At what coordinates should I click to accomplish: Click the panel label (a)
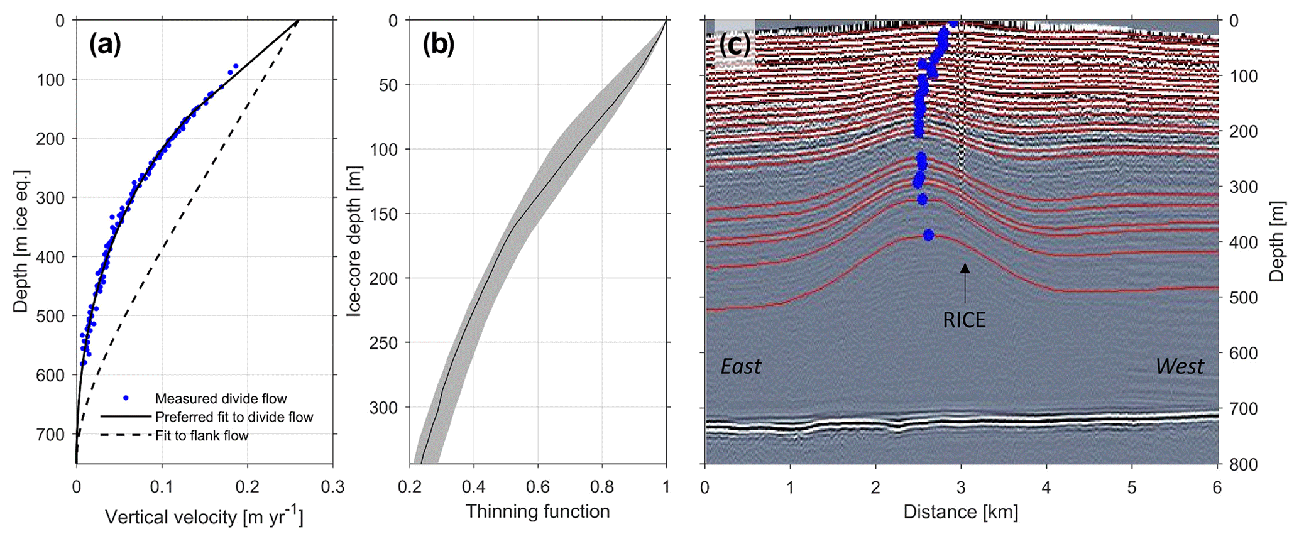tap(104, 45)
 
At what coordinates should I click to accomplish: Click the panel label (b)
tap(438, 45)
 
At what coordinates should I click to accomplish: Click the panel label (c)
tap(735, 45)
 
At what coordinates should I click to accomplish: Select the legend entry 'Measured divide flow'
tap(221, 398)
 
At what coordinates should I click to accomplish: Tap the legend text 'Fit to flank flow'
tap(202, 435)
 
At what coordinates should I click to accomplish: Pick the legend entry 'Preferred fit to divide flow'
tap(234, 417)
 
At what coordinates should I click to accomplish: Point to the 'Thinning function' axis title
tap(537, 511)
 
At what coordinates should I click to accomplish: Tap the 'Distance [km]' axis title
tap(961, 511)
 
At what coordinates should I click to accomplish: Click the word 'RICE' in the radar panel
tap(964, 320)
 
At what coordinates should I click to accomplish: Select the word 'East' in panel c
tap(740, 366)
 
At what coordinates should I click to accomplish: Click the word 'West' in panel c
tap(1180, 366)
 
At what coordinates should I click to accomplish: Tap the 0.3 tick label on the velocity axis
tap(332, 487)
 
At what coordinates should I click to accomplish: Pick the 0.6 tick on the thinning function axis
tap(537, 487)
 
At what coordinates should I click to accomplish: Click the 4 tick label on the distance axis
tap(1047, 487)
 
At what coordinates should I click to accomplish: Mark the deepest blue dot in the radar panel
tap(928, 235)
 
